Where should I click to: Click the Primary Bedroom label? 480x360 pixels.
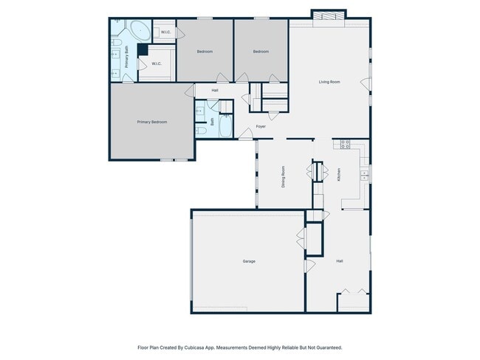pos(152,122)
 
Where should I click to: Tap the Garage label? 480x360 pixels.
pos(249,261)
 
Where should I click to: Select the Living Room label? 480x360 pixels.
pos(329,82)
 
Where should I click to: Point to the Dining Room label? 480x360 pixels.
pos(283,177)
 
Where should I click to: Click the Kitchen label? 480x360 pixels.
pos(338,175)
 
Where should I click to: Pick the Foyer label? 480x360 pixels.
pos(261,126)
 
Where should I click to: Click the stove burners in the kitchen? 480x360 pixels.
pos(346,145)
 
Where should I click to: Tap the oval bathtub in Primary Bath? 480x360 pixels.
pos(140,30)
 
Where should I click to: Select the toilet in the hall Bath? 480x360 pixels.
pos(201,131)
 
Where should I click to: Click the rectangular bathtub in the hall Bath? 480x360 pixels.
pos(226,125)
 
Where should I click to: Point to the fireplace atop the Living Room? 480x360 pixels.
pos(329,16)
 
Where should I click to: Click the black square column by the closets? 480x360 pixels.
pos(143,49)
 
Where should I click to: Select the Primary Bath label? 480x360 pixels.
pos(126,57)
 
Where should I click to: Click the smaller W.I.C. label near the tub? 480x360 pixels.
pos(165,32)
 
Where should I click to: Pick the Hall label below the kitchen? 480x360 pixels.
pos(340,261)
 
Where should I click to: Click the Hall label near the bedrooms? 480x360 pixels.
pos(215,91)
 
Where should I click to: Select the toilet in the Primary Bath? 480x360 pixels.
pos(115,41)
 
